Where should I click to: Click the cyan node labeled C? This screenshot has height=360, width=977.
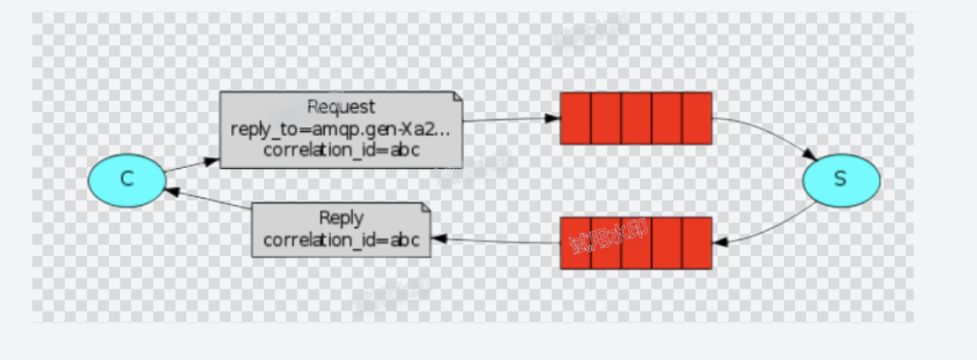[127, 180]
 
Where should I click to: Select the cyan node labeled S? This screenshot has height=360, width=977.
[841, 180]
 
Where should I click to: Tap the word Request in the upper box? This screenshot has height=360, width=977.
[341, 107]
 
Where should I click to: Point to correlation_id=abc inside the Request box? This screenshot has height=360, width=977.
[341, 149]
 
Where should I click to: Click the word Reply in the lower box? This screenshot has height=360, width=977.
[341, 219]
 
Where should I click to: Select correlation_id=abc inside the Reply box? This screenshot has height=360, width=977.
[341, 240]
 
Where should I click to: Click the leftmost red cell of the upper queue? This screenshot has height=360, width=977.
[575, 118]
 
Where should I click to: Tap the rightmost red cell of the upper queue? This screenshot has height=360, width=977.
[696, 118]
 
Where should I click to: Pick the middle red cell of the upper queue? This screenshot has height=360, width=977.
[636, 118]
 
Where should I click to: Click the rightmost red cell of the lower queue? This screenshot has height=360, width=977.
[696, 243]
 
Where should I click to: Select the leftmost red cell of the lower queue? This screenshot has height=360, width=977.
[575, 243]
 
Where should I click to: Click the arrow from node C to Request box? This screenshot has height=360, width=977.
[192, 165]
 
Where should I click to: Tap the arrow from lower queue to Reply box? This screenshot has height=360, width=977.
[496, 241]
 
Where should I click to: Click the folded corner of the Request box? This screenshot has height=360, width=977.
[457, 98]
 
